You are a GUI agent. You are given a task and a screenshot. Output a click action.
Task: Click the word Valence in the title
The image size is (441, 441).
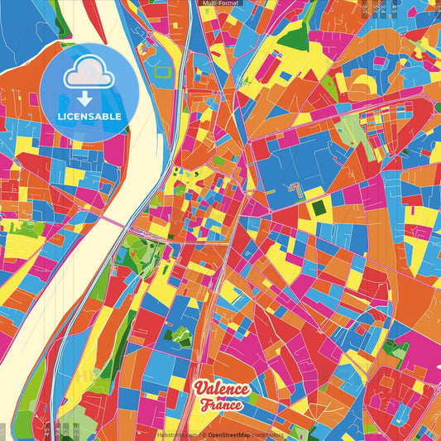point(221,390)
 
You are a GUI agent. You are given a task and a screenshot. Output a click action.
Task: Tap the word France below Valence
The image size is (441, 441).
point(222,406)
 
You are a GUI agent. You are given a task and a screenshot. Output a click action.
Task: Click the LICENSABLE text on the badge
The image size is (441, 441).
point(89,116)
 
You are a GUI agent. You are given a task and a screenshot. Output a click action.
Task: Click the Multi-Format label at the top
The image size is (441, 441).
point(220,3)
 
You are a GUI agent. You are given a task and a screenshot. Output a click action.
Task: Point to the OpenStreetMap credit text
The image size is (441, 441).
point(228,434)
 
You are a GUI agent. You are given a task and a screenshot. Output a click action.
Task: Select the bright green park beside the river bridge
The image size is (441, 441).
point(132,247)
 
